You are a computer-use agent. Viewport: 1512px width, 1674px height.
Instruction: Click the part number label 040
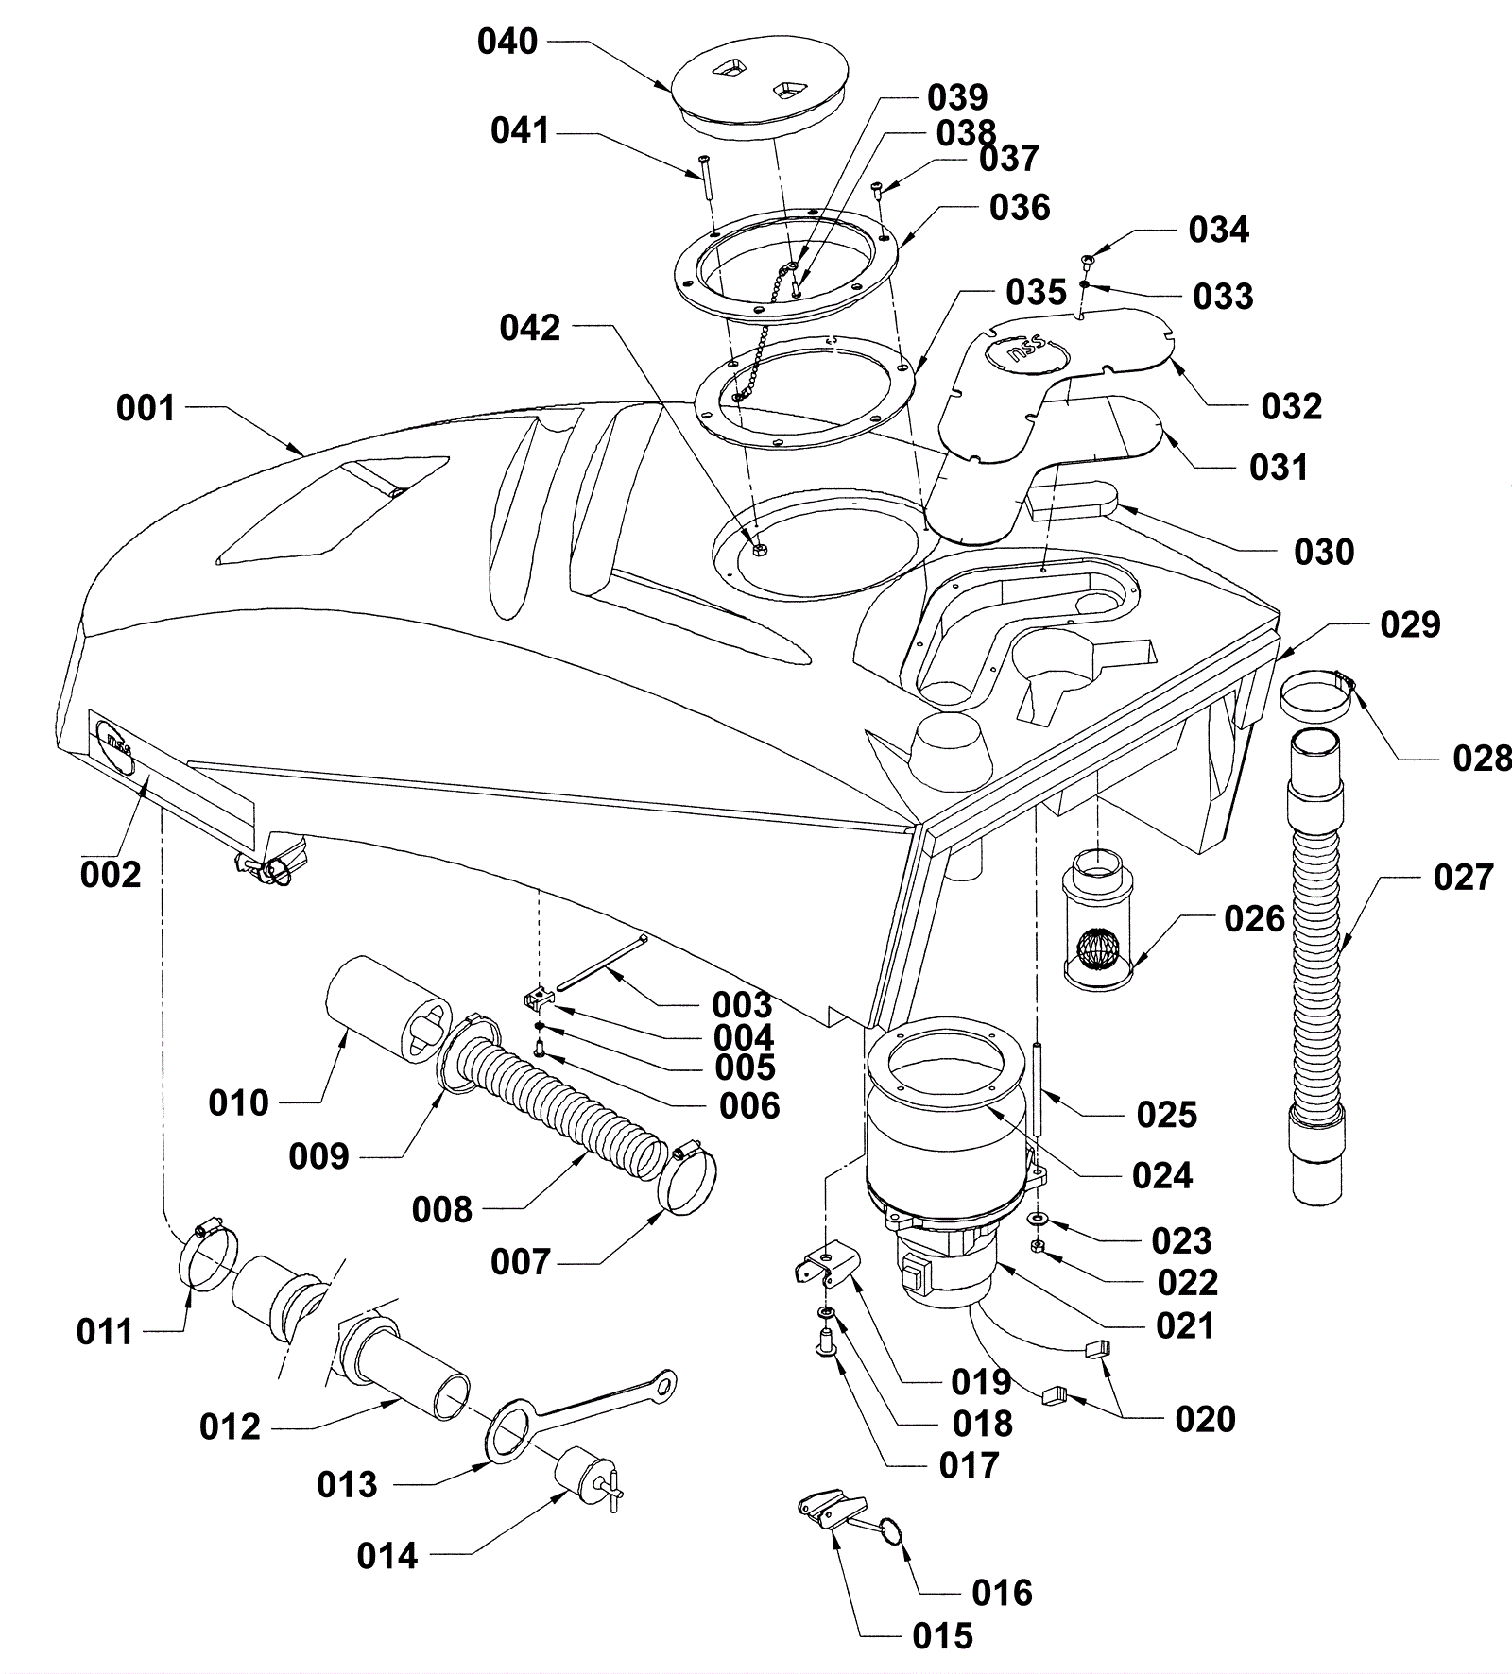[x=507, y=42]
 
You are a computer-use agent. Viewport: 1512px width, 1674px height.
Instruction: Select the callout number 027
[x=1464, y=877]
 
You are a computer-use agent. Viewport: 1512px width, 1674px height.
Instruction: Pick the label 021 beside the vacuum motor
[x=1185, y=1325]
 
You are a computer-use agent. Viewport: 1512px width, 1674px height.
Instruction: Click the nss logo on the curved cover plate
[x=1028, y=357]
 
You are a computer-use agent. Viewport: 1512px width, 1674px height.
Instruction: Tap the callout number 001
[x=146, y=408]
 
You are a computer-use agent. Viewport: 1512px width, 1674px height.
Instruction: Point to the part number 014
[x=387, y=1556]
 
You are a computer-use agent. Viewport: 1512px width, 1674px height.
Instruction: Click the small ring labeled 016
[x=892, y=1529]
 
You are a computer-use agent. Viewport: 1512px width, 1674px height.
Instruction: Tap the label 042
[x=530, y=328]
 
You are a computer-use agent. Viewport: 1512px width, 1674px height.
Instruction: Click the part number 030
[x=1324, y=552]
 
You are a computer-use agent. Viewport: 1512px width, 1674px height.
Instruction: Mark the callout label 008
[x=442, y=1209]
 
